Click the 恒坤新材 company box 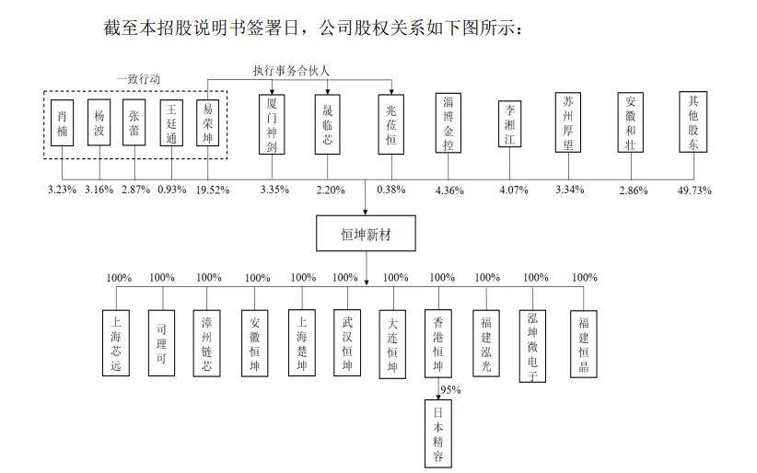(x=366, y=233)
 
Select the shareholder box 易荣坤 (x=207, y=122)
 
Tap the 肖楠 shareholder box (x=63, y=122)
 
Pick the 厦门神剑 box (x=272, y=124)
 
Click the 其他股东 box (x=693, y=121)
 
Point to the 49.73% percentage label (x=694, y=190)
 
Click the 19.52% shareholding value (x=213, y=190)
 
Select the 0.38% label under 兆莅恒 (x=391, y=190)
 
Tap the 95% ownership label (x=450, y=389)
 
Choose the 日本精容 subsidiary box (x=437, y=433)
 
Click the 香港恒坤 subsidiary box (x=437, y=343)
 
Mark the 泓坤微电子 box (x=532, y=346)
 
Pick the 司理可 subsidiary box (x=161, y=343)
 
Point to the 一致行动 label (x=138, y=79)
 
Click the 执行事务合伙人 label (x=291, y=71)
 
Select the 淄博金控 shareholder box (x=448, y=123)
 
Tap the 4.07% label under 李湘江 (x=514, y=190)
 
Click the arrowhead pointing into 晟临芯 (x=328, y=91)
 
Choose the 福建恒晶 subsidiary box (x=583, y=343)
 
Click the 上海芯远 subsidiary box (x=116, y=343)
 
